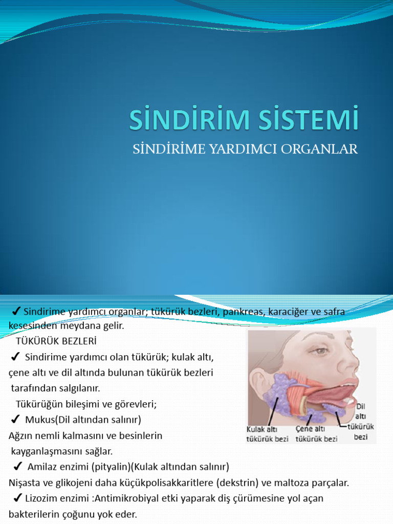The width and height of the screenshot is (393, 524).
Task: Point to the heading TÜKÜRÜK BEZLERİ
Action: (x=56, y=340)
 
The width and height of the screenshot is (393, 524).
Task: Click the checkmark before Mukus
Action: (x=15, y=420)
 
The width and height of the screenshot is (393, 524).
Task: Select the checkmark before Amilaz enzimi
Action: (x=17, y=466)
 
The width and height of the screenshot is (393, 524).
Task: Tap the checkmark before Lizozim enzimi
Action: (x=17, y=498)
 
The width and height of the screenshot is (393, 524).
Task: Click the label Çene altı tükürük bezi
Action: (x=316, y=434)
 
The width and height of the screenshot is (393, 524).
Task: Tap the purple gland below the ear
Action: (x=274, y=391)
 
